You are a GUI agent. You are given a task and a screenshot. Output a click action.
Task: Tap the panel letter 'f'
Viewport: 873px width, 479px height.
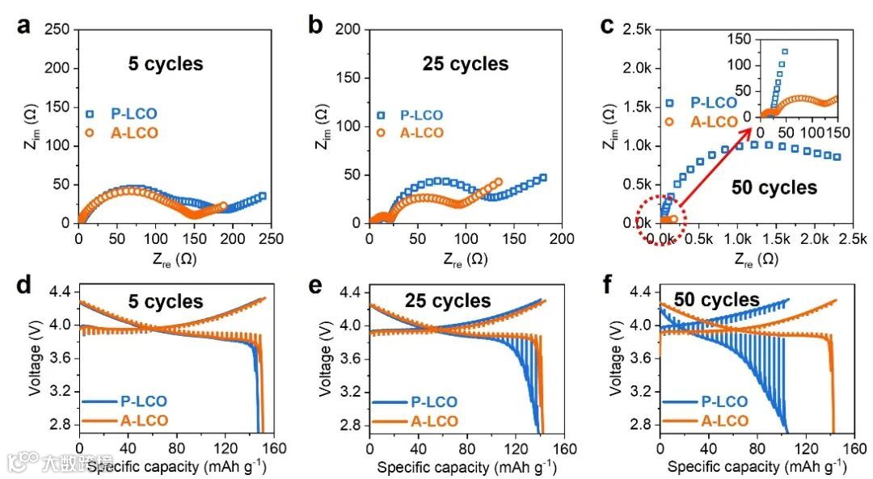[x=607, y=284]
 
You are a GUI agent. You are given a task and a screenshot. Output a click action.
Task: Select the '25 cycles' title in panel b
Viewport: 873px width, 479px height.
[x=465, y=64]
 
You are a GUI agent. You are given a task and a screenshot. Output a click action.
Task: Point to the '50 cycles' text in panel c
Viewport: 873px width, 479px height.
[x=774, y=187]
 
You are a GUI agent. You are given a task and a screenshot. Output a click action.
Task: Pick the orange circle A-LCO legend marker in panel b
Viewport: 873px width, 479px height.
[x=382, y=132]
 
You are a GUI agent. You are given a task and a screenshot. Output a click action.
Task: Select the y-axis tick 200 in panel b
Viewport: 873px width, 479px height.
[x=350, y=29]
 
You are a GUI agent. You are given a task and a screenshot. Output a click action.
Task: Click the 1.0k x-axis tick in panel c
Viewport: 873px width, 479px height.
[x=738, y=239]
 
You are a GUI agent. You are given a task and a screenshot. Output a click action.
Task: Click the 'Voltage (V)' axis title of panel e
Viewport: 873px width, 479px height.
[x=326, y=355]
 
